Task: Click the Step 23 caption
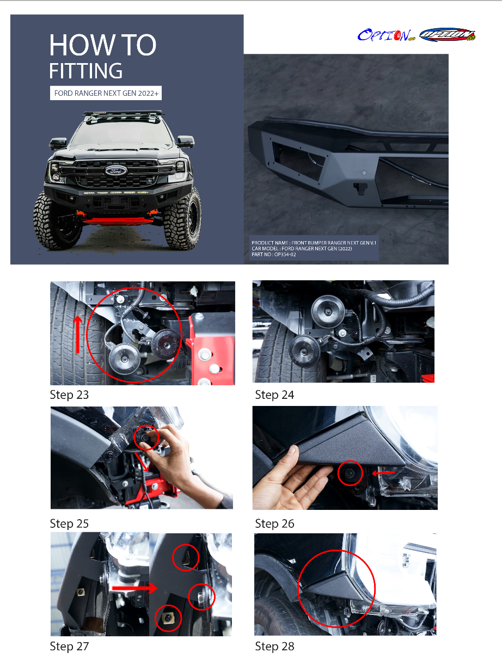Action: pyautogui.click(x=69, y=395)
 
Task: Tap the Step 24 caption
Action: pyautogui.click(x=274, y=395)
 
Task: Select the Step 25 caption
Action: pyautogui.click(x=69, y=524)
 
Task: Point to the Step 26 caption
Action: pyautogui.click(x=274, y=524)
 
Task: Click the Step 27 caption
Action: pyautogui.click(x=69, y=646)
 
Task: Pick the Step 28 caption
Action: pyautogui.click(x=274, y=646)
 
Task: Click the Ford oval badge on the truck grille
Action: pyautogui.click(x=116, y=170)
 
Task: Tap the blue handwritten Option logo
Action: pyautogui.click(x=386, y=35)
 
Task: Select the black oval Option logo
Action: pyautogui.click(x=448, y=34)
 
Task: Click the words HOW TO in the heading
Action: pyautogui.click(x=103, y=45)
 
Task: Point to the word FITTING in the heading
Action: pyautogui.click(x=86, y=71)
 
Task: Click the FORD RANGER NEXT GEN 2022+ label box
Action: pyautogui.click(x=106, y=93)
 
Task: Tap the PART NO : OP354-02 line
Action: pyautogui.click(x=274, y=255)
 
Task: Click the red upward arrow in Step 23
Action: pyautogui.click(x=78, y=335)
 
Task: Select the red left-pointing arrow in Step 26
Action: pyautogui.click(x=383, y=473)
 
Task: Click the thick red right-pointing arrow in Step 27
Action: pyautogui.click(x=134, y=588)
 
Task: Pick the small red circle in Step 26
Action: pyautogui.click(x=350, y=473)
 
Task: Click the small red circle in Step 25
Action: pyautogui.click(x=146, y=438)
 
